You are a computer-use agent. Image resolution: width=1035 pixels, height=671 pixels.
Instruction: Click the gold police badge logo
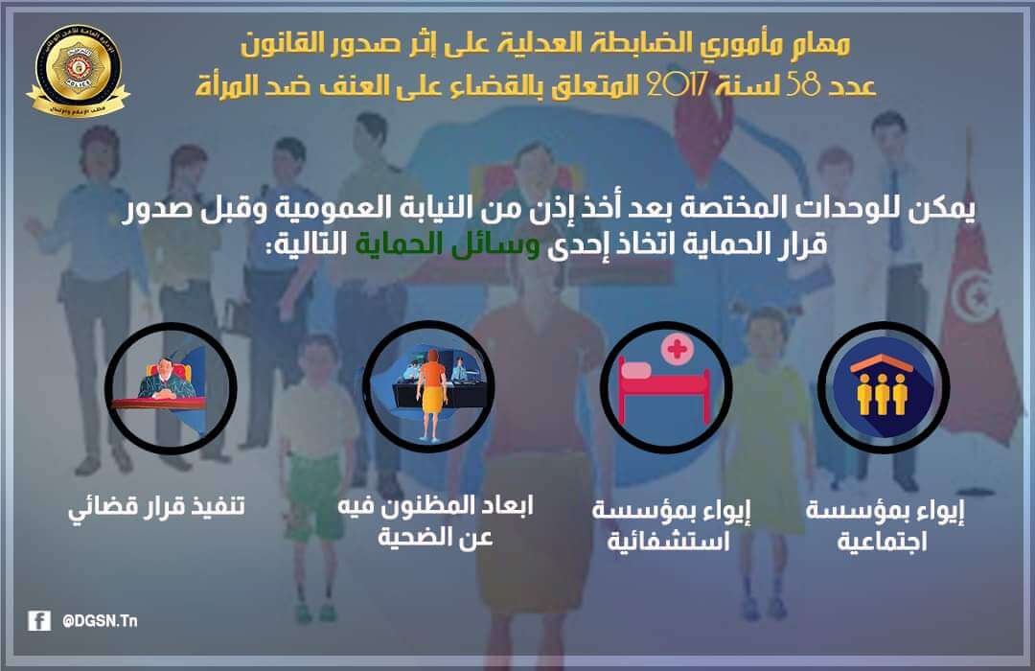click(78, 70)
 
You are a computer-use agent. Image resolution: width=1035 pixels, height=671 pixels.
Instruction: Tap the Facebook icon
click(39, 621)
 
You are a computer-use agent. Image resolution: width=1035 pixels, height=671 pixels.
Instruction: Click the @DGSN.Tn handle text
click(100, 621)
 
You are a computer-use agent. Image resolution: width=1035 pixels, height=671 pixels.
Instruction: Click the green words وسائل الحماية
click(448, 243)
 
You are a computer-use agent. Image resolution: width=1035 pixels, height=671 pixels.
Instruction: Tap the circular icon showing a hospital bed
click(665, 387)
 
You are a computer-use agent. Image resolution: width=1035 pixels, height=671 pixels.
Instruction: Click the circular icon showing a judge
click(171, 388)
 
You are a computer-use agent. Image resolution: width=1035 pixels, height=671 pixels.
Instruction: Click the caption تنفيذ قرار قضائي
click(156, 506)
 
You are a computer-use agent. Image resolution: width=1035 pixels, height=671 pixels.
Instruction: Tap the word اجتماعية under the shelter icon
click(882, 542)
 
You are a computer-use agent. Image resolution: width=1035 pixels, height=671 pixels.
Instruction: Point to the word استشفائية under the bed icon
click(668, 542)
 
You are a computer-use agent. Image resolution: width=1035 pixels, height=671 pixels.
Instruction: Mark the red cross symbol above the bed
click(677, 348)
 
